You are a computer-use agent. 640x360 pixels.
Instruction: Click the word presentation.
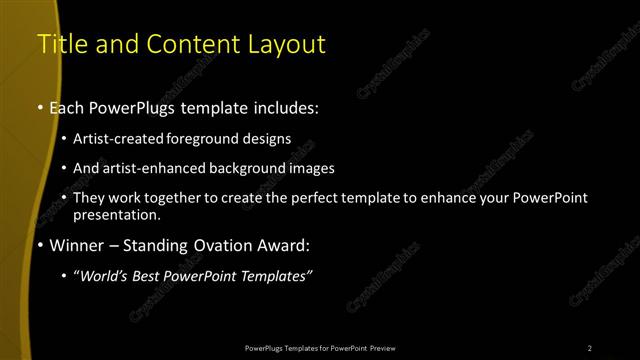(x=116, y=214)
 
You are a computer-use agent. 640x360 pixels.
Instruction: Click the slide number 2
(x=590, y=347)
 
